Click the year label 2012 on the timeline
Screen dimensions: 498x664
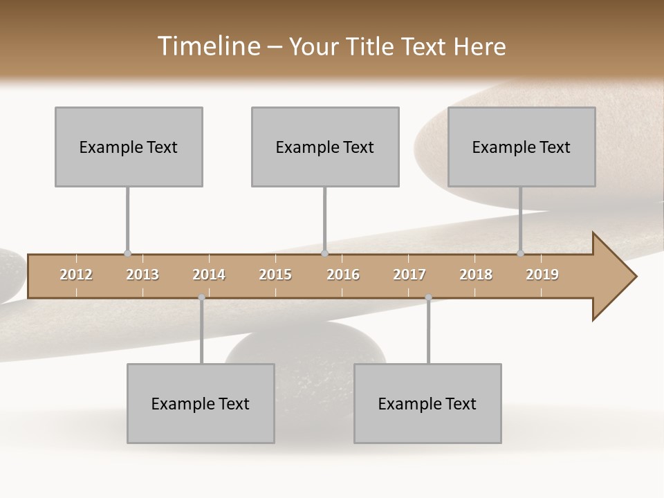pyautogui.click(x=76, y=275)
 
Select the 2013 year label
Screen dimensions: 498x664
pyautogui.click(x=142, y=275)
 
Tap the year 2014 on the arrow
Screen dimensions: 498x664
pyautogui.click(x=209, y=275)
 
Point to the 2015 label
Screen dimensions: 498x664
pyautogui.click(x=275, y=275)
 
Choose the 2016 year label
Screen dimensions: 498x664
pyautogui.click(x=343, y=275)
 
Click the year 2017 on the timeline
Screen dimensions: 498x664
pyautogui.click(x=409, y=275)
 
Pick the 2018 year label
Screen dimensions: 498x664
pyautogui.click(x=476, y=275)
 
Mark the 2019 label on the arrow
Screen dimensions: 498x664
pyautogui.click(x=542, y=275)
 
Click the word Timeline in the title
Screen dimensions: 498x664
pyautogui.click(x=207, y=46)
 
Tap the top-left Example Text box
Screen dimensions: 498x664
pyautogui.click(x=129, y=147)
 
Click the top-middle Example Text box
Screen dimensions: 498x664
pyautogui.click(x=325, y=147)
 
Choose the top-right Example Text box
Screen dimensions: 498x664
pyautogui.click(x=522, y=147)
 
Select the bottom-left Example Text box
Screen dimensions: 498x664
pyautogui.click(x=201, y=403)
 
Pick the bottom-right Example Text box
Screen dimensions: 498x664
pyautogui.click(x=427, y=403)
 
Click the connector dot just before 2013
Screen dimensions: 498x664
pyautogui.click(x=127, y=253)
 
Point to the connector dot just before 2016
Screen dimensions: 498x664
pyautogui.click(x=324, y=253)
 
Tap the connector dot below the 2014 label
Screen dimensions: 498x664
pyautogui.click(x=201, y=297)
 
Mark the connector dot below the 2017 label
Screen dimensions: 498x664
pyautogui.click(x=428, y=297)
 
